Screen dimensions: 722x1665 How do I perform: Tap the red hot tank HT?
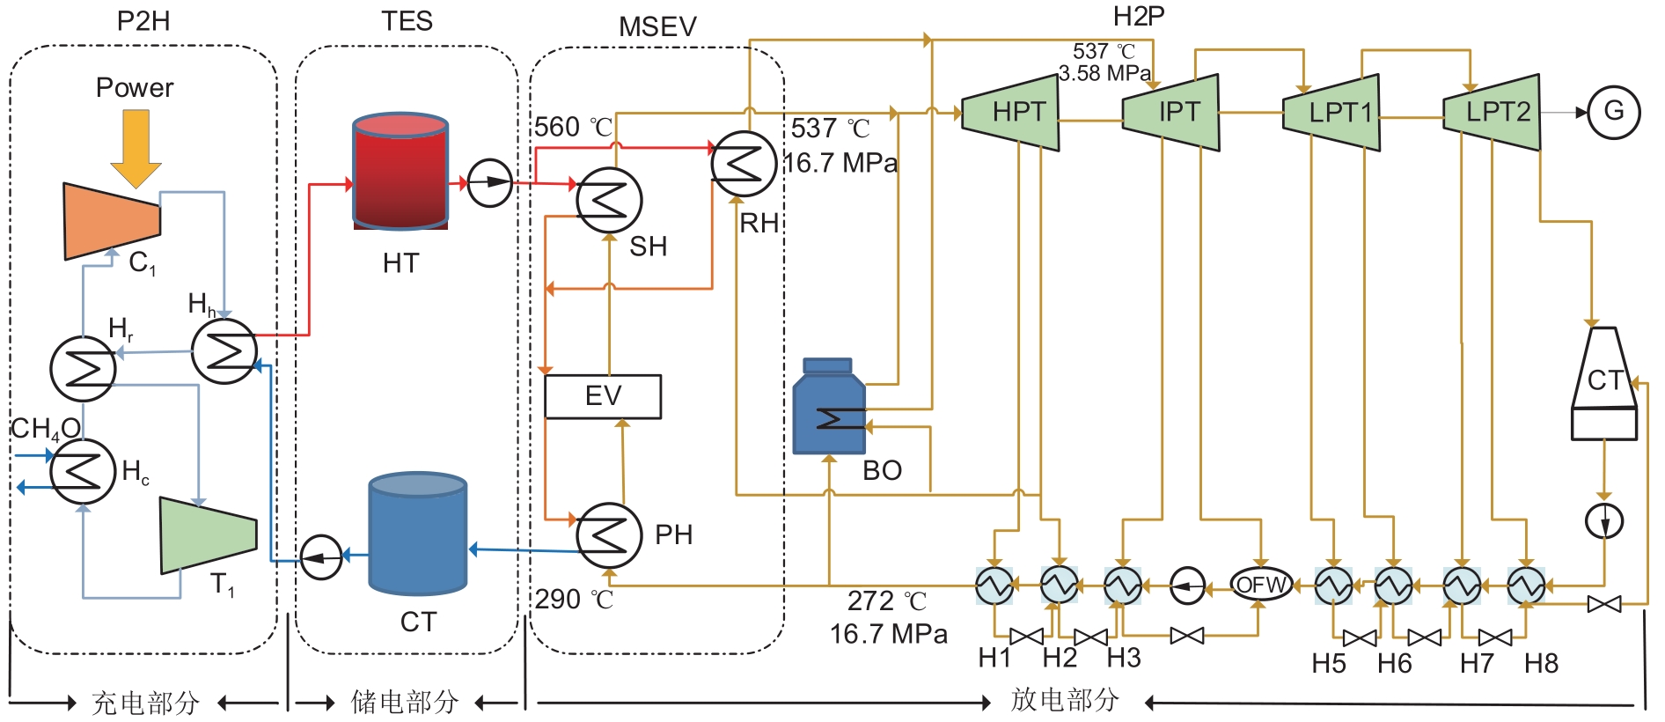400,172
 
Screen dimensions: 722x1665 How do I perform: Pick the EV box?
603,396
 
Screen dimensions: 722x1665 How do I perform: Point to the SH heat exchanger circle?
609,200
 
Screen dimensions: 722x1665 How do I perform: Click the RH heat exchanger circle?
744,164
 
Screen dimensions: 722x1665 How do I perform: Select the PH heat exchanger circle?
608,535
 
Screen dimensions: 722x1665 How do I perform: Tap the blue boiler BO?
829,409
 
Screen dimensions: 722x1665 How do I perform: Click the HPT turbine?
1012,112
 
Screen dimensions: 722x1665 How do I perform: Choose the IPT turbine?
1173,112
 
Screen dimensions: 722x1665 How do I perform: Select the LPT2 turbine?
1493,112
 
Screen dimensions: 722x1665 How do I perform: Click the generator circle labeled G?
1613,112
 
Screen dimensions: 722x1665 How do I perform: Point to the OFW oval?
1261,585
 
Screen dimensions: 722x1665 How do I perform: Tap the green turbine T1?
208,534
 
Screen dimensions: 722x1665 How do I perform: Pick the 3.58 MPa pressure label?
1104,73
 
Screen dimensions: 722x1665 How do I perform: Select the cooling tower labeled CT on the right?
1604,384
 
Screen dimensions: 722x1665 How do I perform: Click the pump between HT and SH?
489,183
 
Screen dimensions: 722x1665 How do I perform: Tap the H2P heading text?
1139,16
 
